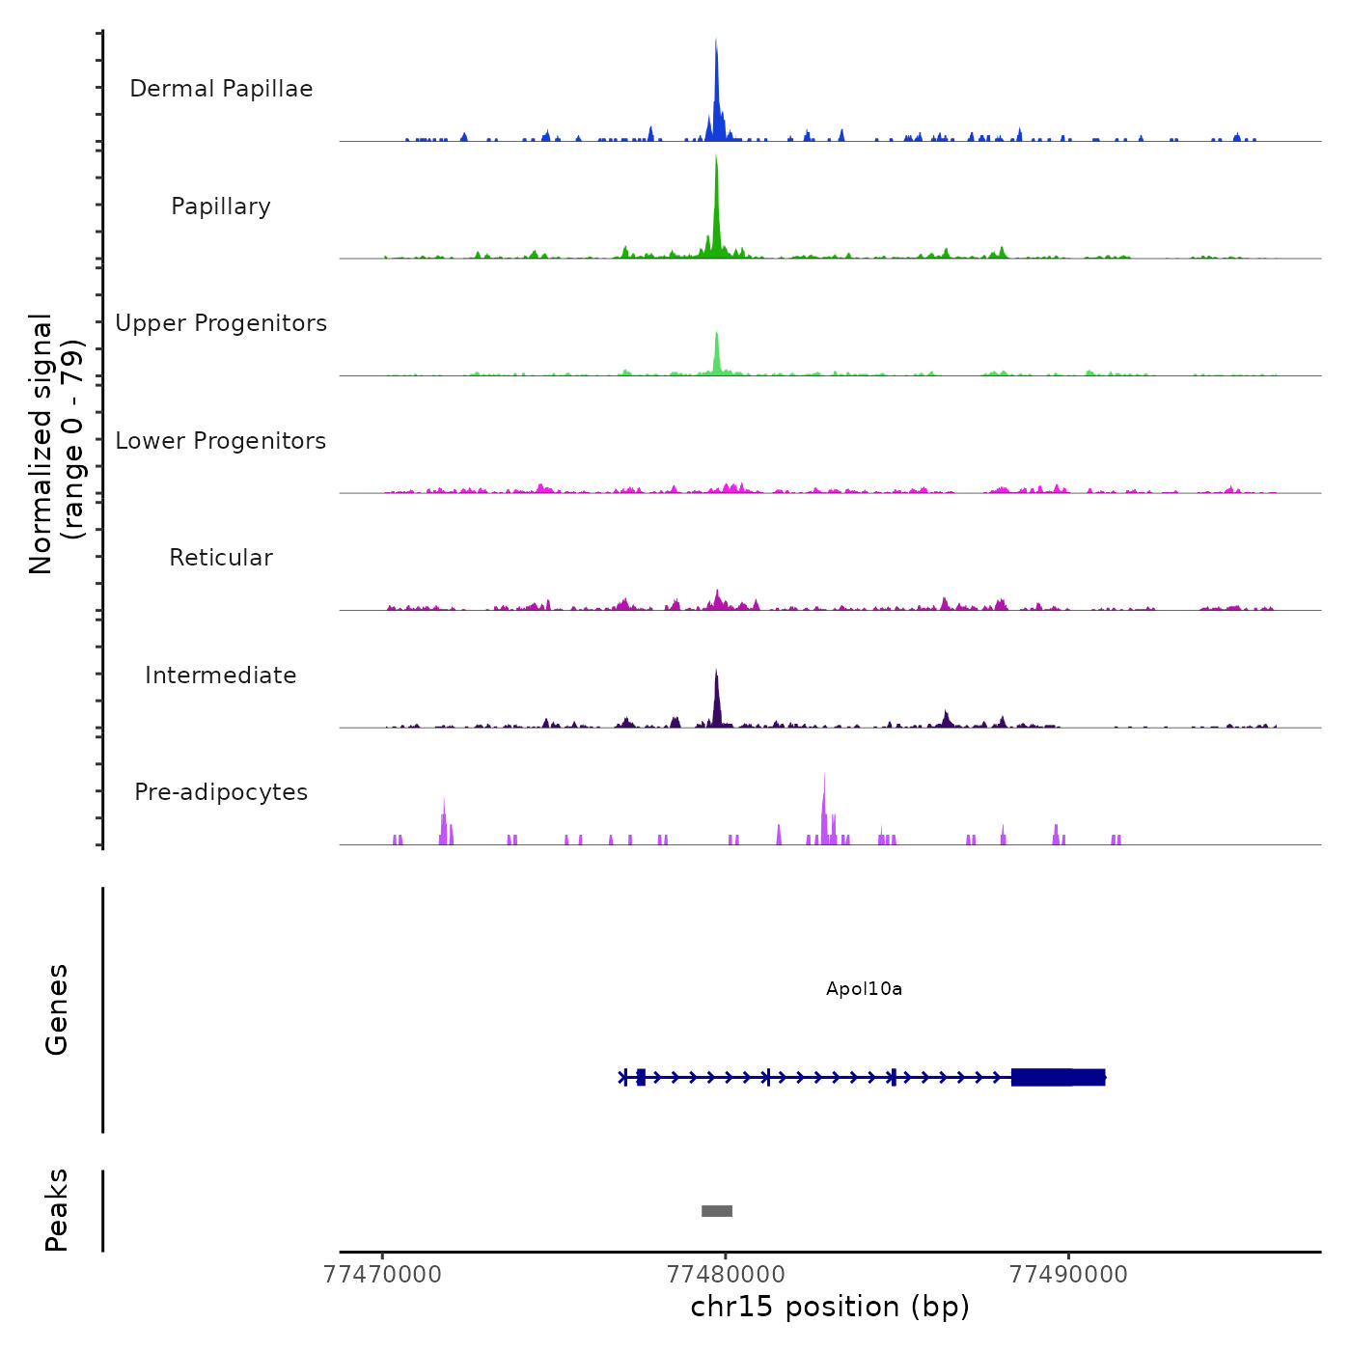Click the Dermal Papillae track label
(x=221, y=89)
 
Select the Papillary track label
(x=221, y=207)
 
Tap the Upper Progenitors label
(x=221, y=323)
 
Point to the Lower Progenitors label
(x=221, y=441)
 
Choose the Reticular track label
(x=221, y=558)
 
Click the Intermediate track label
(x=221, y=675)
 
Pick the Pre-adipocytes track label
(x=221, y=792)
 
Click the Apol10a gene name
(x=864, y=989)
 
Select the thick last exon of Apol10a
(x=1057, y=1077)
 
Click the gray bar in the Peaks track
(x=717, y=1211)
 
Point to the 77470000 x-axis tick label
(x=383, y=1275)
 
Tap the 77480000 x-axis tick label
(x=726, y=1275)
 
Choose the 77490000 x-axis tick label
(x=1068, y=1275)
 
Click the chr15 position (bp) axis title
(x=830, y=1308)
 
